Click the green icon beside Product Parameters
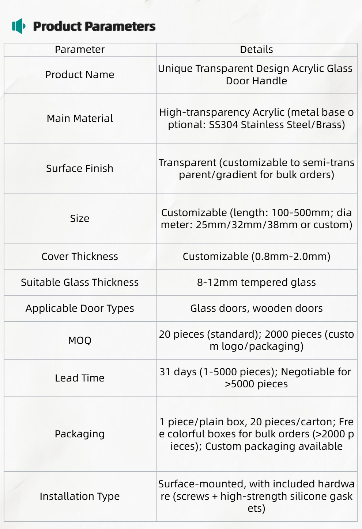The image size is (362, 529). pos(19,26)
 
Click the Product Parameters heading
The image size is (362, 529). pos(94,26)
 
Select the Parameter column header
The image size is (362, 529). pos(80,50)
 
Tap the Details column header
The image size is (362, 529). pos(256,50)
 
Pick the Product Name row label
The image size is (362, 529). pos(80,75)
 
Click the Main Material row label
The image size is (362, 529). pos(80,119)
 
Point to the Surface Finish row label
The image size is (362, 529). pos(80,169)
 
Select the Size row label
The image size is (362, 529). pos(80,219)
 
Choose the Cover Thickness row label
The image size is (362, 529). pos(80,257)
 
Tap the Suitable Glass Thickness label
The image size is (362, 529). pos(80,283)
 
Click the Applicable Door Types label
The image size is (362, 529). pos(80,308)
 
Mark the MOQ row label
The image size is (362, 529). pos(80,341)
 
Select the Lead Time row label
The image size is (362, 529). pos(80,378)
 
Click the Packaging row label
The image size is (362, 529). pos(80,434)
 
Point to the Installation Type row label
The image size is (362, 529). pos(80,497)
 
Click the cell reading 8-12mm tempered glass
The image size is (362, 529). pos(256,283)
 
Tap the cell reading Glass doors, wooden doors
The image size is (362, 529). pos(256,308)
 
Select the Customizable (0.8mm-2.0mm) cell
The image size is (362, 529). pos(256,257)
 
